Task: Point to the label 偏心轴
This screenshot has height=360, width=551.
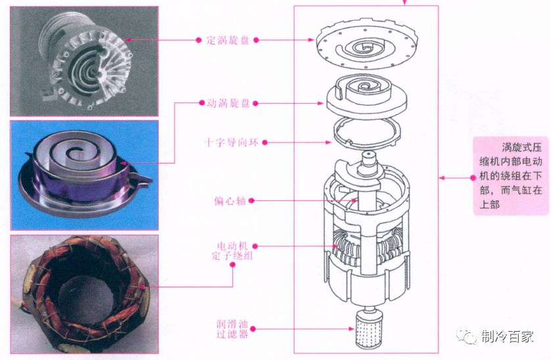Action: (230, 200)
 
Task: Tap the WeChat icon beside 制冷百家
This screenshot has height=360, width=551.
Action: (469, 336)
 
